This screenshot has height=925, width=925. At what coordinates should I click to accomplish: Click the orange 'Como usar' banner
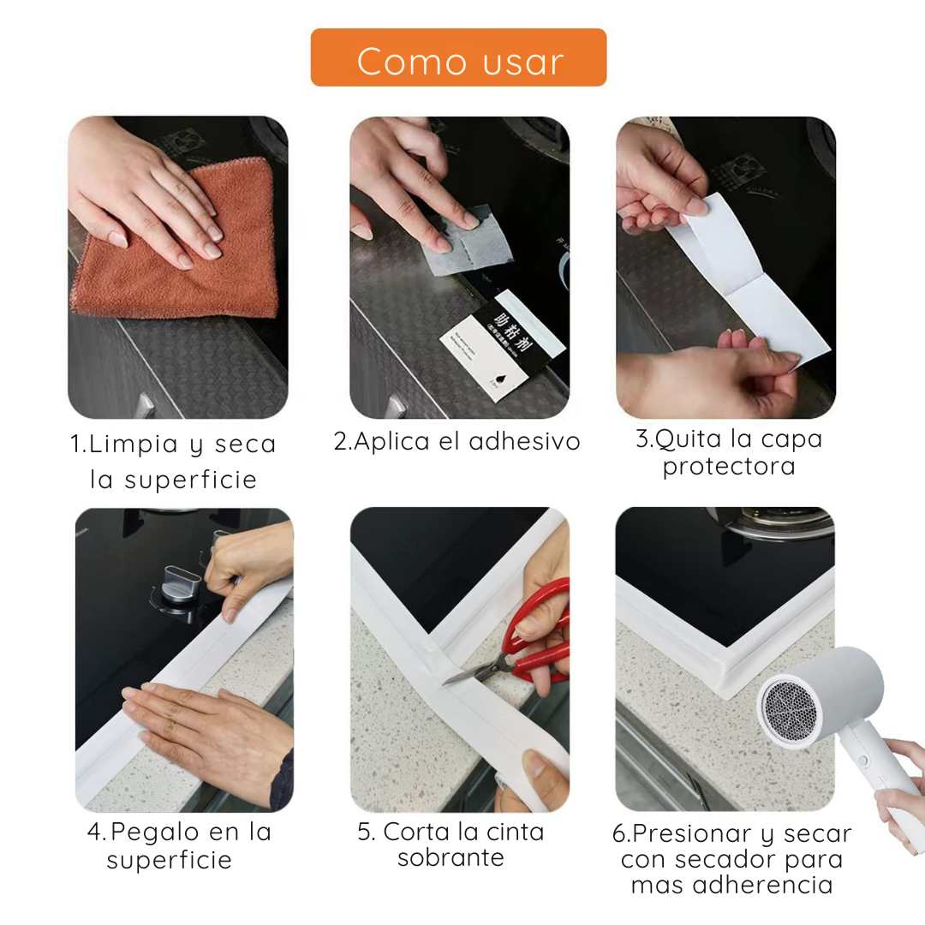pyautogui.click(x=458, y=57)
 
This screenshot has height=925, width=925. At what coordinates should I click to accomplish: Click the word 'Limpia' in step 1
pyautogui.click(x=134, y=445)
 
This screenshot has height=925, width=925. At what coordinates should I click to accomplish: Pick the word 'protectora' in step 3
pyautogui.click(x=729, y=467)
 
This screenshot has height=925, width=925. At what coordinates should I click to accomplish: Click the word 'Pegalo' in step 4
pyautogui.click(x=154, y=832)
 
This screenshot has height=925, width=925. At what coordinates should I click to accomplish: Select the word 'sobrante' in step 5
pyautogui.click(x=451, y=858)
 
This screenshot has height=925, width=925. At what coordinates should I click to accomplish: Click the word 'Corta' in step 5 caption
pyautogui.click(x=418, y=832)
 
